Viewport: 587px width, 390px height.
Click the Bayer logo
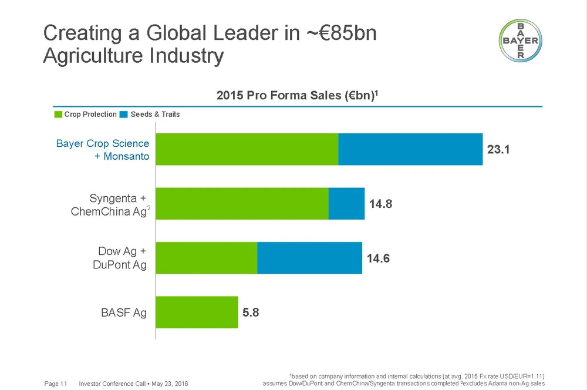coord(520,41)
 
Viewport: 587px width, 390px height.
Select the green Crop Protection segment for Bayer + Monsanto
coord(247,149)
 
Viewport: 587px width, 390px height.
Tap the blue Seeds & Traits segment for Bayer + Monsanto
coord(410,149)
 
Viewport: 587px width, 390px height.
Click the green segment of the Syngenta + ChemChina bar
coord(242,204)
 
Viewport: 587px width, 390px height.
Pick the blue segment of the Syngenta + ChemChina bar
coord(346,204)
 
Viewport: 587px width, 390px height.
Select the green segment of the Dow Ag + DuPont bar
coord(207,258)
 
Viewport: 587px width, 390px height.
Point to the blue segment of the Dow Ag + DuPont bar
coord(309,258)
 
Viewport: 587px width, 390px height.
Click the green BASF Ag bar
coord(197,312)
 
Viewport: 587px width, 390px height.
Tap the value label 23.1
coord(498,150)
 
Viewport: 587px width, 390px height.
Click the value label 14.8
coord(380,204)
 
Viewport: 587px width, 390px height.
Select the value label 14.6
coord(378,258)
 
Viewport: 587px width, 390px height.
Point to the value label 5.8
coord(251,312)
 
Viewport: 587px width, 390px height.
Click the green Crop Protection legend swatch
coord(58,115)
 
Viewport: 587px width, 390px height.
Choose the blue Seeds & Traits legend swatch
coord(123,115)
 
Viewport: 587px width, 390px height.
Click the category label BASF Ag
coord(124,312)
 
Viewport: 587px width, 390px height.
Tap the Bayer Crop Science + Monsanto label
coord(103,150)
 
